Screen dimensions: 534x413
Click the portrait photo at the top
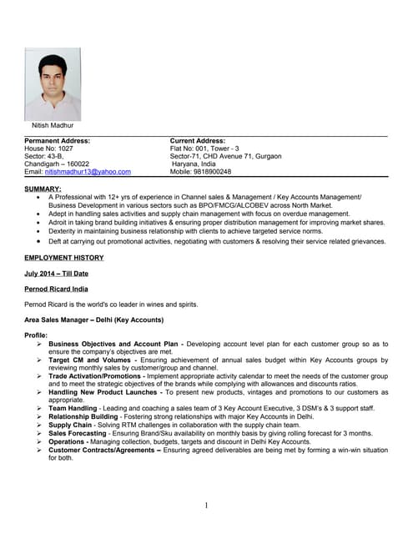coord(53,83)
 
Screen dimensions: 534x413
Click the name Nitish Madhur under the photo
coord(53,126)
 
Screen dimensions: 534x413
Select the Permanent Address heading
coord(58,142)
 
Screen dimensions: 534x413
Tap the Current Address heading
coord(198,142)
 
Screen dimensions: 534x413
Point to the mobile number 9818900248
coord(213,172)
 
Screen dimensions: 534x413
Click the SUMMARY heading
coord(43,189)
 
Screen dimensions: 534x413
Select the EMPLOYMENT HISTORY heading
coord(64,258)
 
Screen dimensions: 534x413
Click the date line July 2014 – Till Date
coord(57,274)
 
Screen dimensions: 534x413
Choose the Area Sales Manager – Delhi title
coord(93,320)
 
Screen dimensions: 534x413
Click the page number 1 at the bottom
coord(206,505)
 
